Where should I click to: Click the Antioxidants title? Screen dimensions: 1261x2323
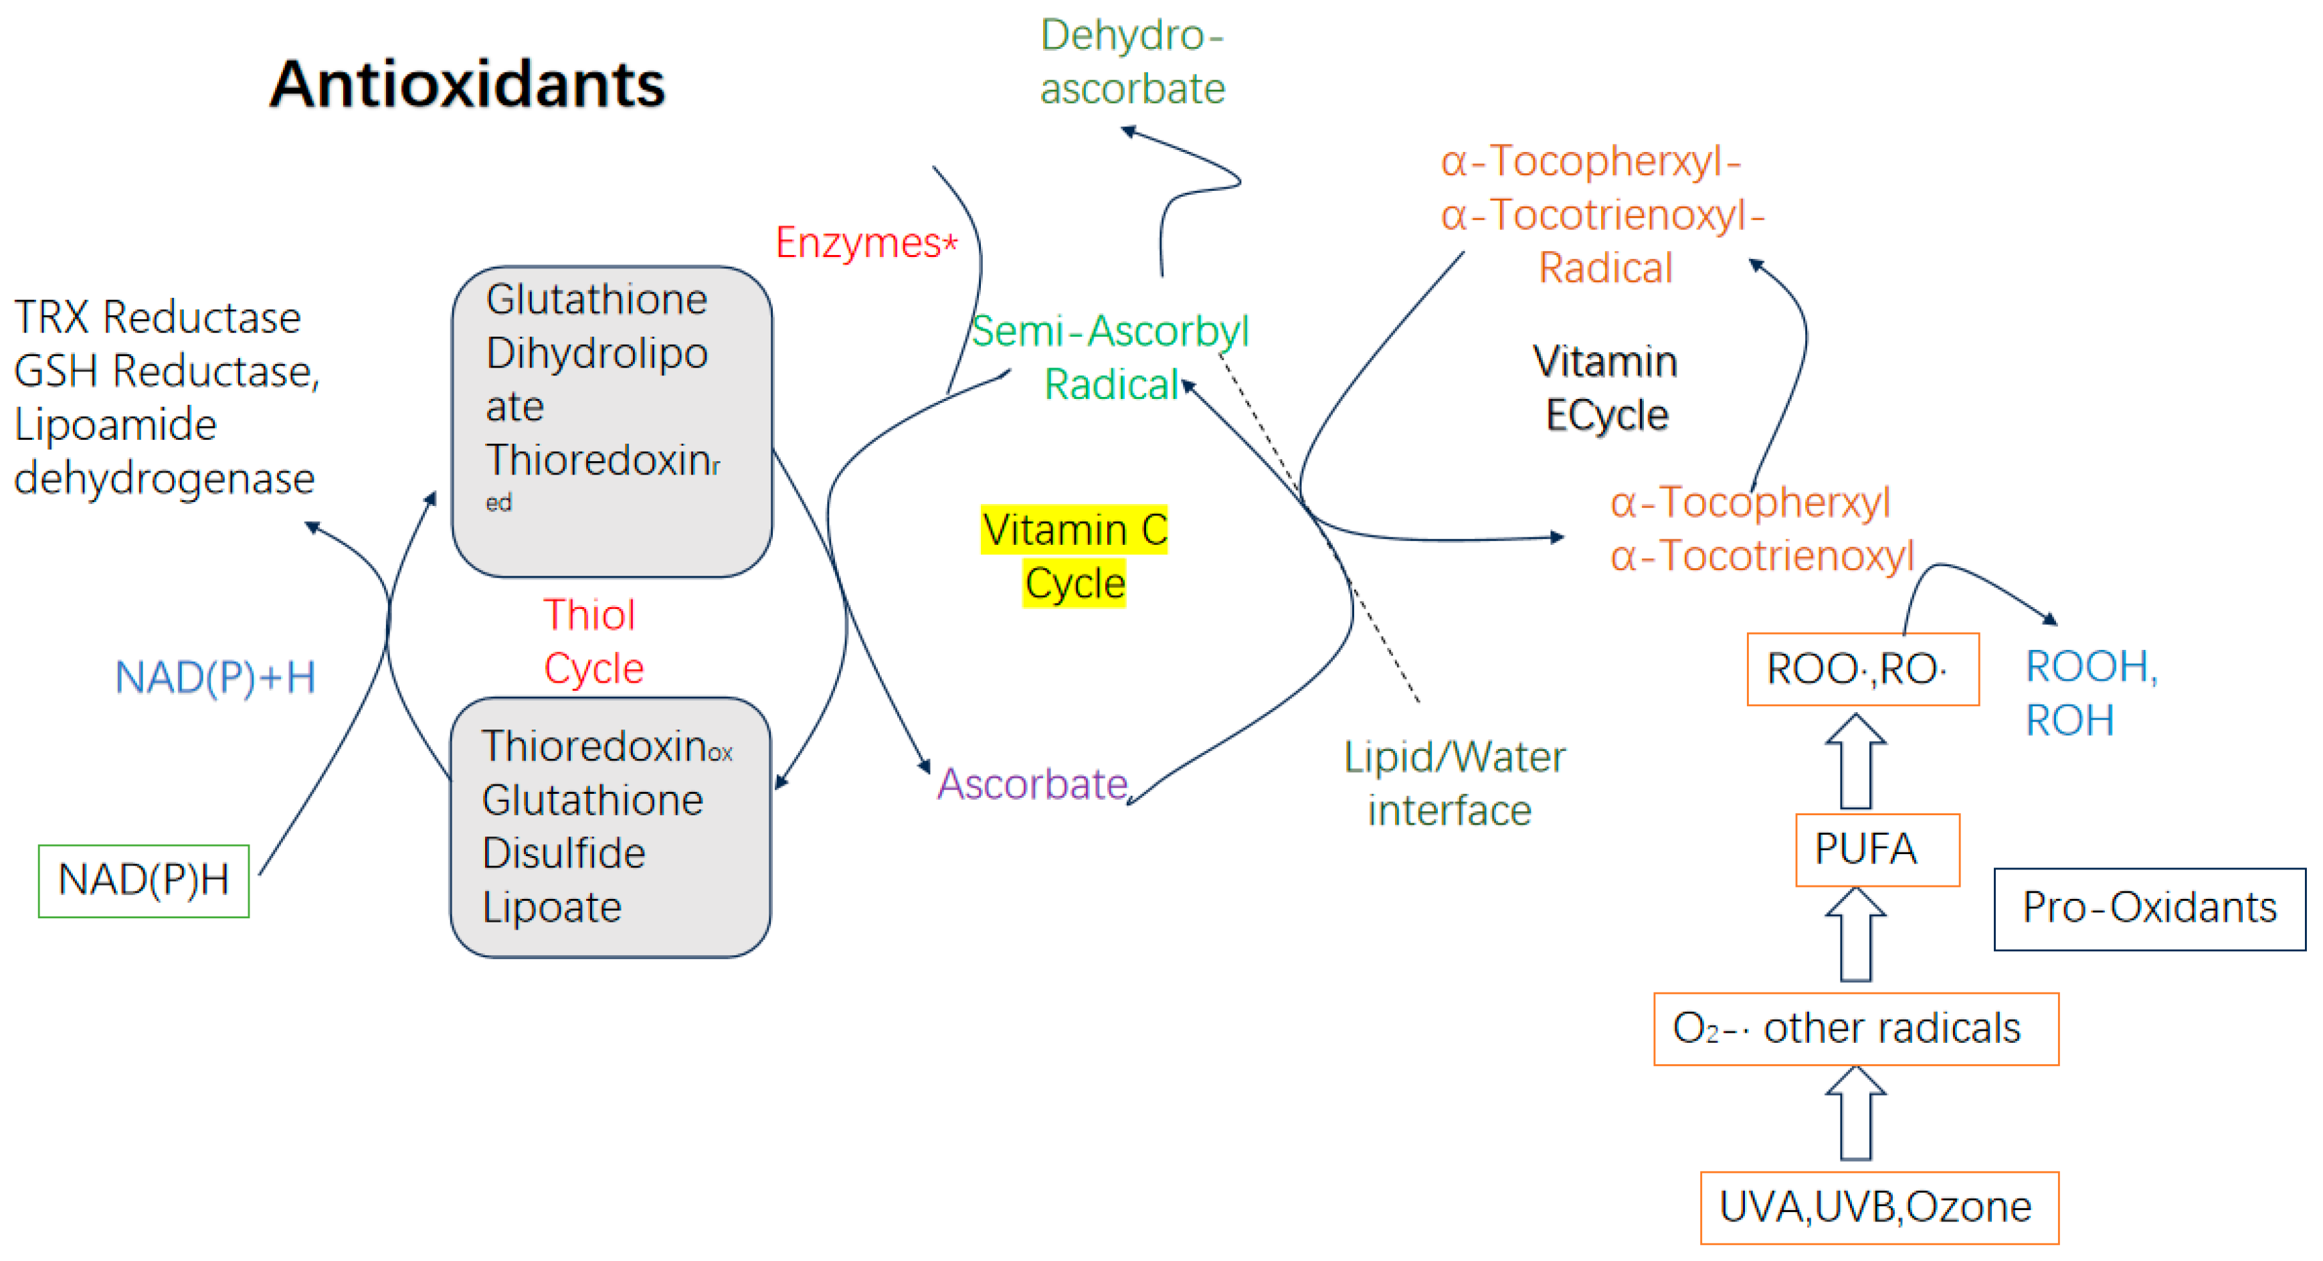[467, 84]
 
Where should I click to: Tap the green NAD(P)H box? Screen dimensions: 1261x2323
[143, 880]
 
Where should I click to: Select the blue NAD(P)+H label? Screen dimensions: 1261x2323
[215, 677]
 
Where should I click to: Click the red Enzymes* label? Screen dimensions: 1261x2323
[866, 243]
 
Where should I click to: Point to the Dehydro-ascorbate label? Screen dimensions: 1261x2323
[1132, 62]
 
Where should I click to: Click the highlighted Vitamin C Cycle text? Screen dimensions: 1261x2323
[1074, 556]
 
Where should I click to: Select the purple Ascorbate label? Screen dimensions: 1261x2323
[1032, 783]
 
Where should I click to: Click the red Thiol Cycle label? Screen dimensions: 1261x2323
[593, 641]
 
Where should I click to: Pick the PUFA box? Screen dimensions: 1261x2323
[1877, 849]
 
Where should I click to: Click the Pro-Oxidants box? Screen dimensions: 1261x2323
[2149, 908]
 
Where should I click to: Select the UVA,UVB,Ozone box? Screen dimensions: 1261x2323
[1879, 1207]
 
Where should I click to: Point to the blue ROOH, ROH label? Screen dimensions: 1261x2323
[2089, 693]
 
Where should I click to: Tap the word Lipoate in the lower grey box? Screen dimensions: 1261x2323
[552, 906]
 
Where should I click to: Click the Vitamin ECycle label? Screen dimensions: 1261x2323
[1605, 388]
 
